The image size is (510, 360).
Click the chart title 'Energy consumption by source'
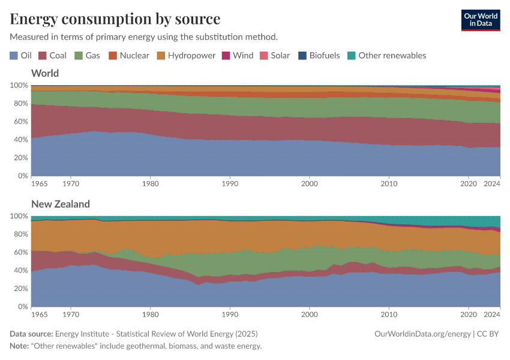point(115,19)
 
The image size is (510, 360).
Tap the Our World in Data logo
point(480,20)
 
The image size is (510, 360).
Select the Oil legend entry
point(21,55)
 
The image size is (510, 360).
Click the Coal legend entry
point(52,55)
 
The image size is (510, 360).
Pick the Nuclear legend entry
point(128,55)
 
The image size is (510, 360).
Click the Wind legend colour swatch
point(226,55)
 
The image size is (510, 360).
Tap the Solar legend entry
point(274,55)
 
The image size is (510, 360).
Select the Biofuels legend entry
point(319,55)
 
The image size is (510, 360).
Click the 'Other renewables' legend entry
point(386,55)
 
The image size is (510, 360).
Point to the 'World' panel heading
point(45,73)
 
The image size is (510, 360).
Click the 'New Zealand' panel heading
point(61,204)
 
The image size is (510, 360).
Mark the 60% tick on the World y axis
point(20,122)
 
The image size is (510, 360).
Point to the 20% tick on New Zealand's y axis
point(20,289)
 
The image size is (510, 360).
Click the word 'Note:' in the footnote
point(21,346)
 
